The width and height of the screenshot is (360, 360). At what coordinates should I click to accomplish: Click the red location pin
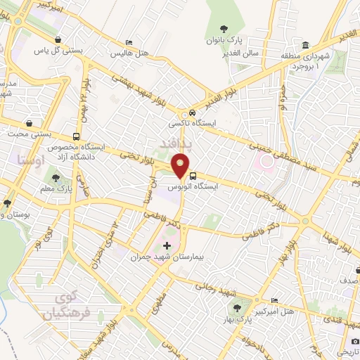[x=181, y=168]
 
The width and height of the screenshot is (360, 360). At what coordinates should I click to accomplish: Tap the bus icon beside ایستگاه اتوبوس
[x=192, y=177]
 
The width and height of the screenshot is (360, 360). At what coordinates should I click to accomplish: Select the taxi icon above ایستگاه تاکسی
[x=191, y=113]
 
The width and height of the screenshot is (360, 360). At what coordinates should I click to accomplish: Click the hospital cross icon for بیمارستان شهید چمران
[x=167, y=246]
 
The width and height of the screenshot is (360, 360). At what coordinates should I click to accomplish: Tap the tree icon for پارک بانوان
[x=224, y=29]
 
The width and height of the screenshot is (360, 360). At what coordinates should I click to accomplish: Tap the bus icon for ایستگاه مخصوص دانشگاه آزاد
[x=76, y=137]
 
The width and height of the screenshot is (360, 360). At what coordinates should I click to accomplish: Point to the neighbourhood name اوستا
[x=30, y=161]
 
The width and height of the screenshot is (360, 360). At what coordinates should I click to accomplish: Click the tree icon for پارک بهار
[x=236, y=308]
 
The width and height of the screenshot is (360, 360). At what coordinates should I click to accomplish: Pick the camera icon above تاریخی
[x=354, y=341]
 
